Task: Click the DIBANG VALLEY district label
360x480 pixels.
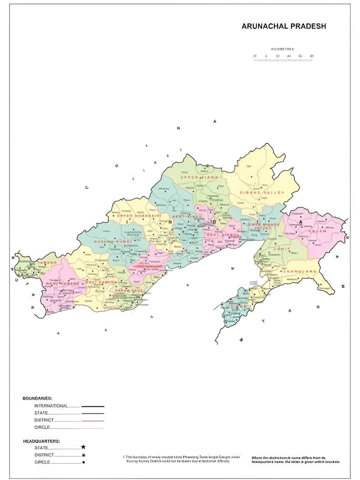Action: coord(262,193)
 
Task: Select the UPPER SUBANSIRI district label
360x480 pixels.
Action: coord(138,216)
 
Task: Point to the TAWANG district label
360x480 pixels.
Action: coord(47,263)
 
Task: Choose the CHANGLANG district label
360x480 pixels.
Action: coord(300,272)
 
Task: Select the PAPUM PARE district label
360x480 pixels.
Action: coord(129,291)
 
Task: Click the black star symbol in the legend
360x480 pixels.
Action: coord(83,447)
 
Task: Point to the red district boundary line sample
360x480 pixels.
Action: coord(93,421)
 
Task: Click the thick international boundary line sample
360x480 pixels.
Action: coord(93,406)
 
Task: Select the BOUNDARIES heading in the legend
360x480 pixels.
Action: coord(37,398)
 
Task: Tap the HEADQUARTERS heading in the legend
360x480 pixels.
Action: coord(41,441)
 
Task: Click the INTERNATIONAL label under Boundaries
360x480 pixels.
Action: coord(51,406)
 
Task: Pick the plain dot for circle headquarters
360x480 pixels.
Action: coord(83,462)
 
